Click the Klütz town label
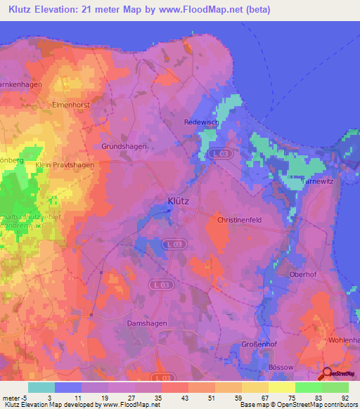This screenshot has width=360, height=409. (179, 201)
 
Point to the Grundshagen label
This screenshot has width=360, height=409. (123, 147)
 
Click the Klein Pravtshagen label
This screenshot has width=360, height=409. (64, 164)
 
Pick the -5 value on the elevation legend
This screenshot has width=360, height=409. (27, 398)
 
